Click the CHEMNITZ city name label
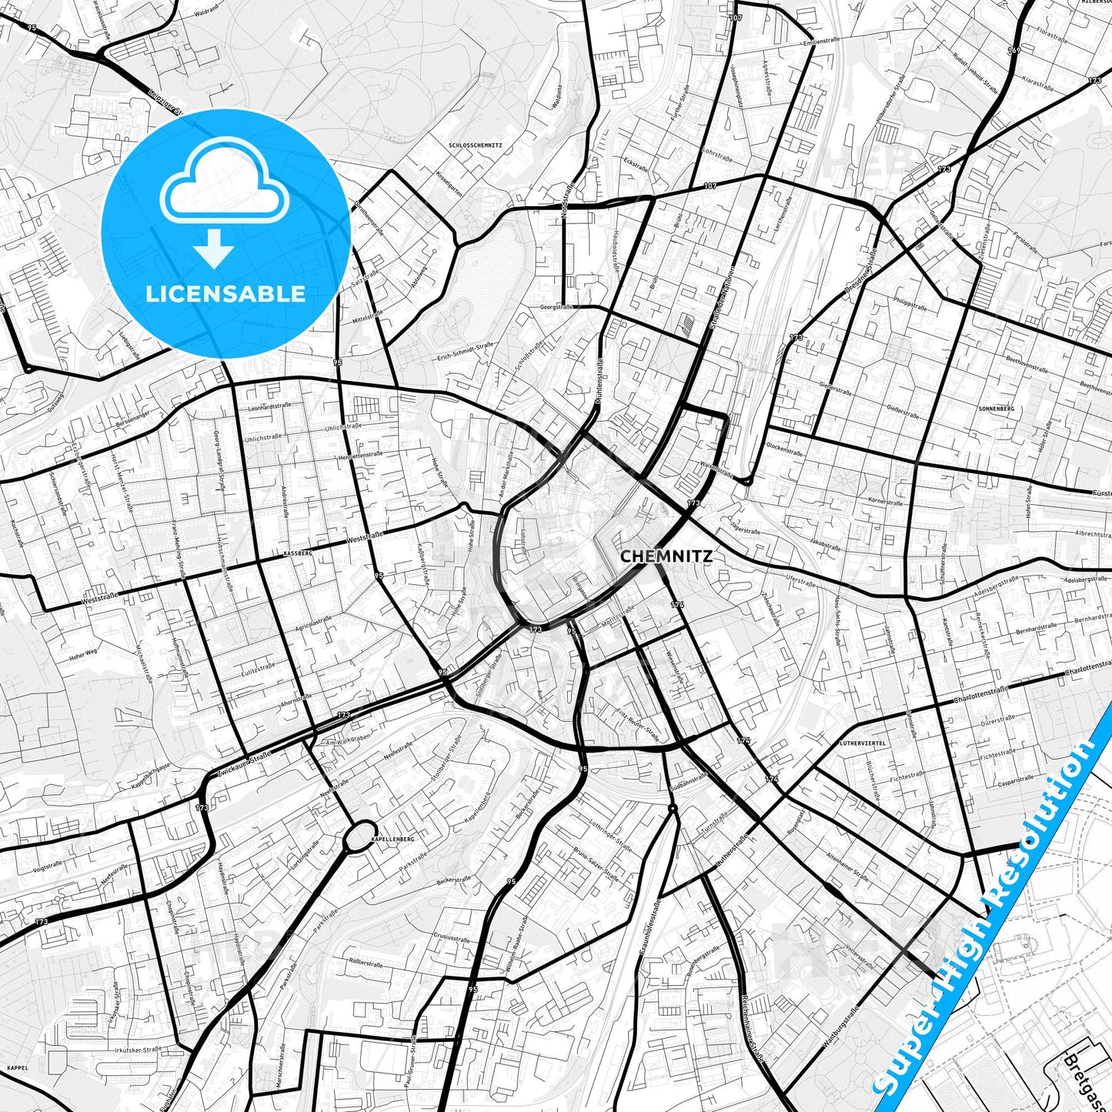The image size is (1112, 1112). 666,556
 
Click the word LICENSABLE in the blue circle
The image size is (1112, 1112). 225,294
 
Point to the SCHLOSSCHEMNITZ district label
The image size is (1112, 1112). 475,145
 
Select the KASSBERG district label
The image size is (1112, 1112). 298,553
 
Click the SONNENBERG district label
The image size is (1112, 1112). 997,409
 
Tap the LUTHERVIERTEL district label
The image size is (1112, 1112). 863,743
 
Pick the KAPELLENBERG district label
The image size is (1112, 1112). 392,839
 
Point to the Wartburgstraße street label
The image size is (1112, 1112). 840,1027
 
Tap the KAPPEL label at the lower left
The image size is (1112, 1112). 16,1068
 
